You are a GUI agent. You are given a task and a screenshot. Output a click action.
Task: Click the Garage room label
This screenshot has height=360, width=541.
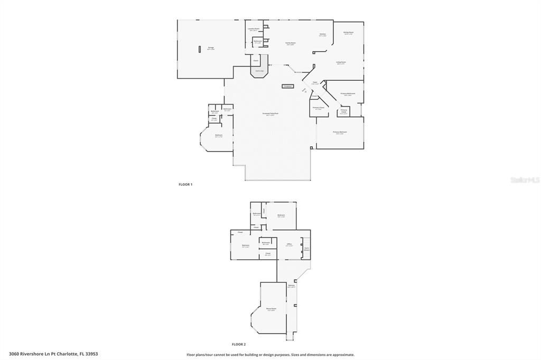[211, 48]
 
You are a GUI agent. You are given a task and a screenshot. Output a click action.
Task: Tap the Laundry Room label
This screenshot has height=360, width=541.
[254, 29]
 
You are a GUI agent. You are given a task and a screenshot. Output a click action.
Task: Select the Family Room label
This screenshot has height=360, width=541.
[291, 43]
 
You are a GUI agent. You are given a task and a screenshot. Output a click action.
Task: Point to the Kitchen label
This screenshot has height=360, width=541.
[322, 35]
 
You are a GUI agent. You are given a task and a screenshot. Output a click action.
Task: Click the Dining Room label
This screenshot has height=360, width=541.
[348, 33]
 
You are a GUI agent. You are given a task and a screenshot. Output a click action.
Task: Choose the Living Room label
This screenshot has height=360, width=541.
[341, 62]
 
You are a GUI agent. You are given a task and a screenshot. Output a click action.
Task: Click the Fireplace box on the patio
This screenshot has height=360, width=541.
[287, 86]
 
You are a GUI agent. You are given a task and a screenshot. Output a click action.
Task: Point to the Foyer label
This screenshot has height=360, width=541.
[315, 82]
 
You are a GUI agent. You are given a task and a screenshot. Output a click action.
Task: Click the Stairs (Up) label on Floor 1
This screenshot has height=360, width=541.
[259, 70]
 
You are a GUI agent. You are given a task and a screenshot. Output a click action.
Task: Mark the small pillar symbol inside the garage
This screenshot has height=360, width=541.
[200, 49]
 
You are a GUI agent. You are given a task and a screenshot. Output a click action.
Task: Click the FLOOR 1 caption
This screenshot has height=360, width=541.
[185, 184]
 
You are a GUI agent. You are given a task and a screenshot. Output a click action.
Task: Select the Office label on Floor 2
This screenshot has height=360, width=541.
[289, 244]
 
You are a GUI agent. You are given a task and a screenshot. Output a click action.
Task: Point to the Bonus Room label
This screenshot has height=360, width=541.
[272, 309]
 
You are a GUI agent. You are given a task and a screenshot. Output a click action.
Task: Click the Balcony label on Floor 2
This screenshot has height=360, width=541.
[291, 286]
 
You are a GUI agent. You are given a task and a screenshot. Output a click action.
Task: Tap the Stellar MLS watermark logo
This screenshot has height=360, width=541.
[525, 180]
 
